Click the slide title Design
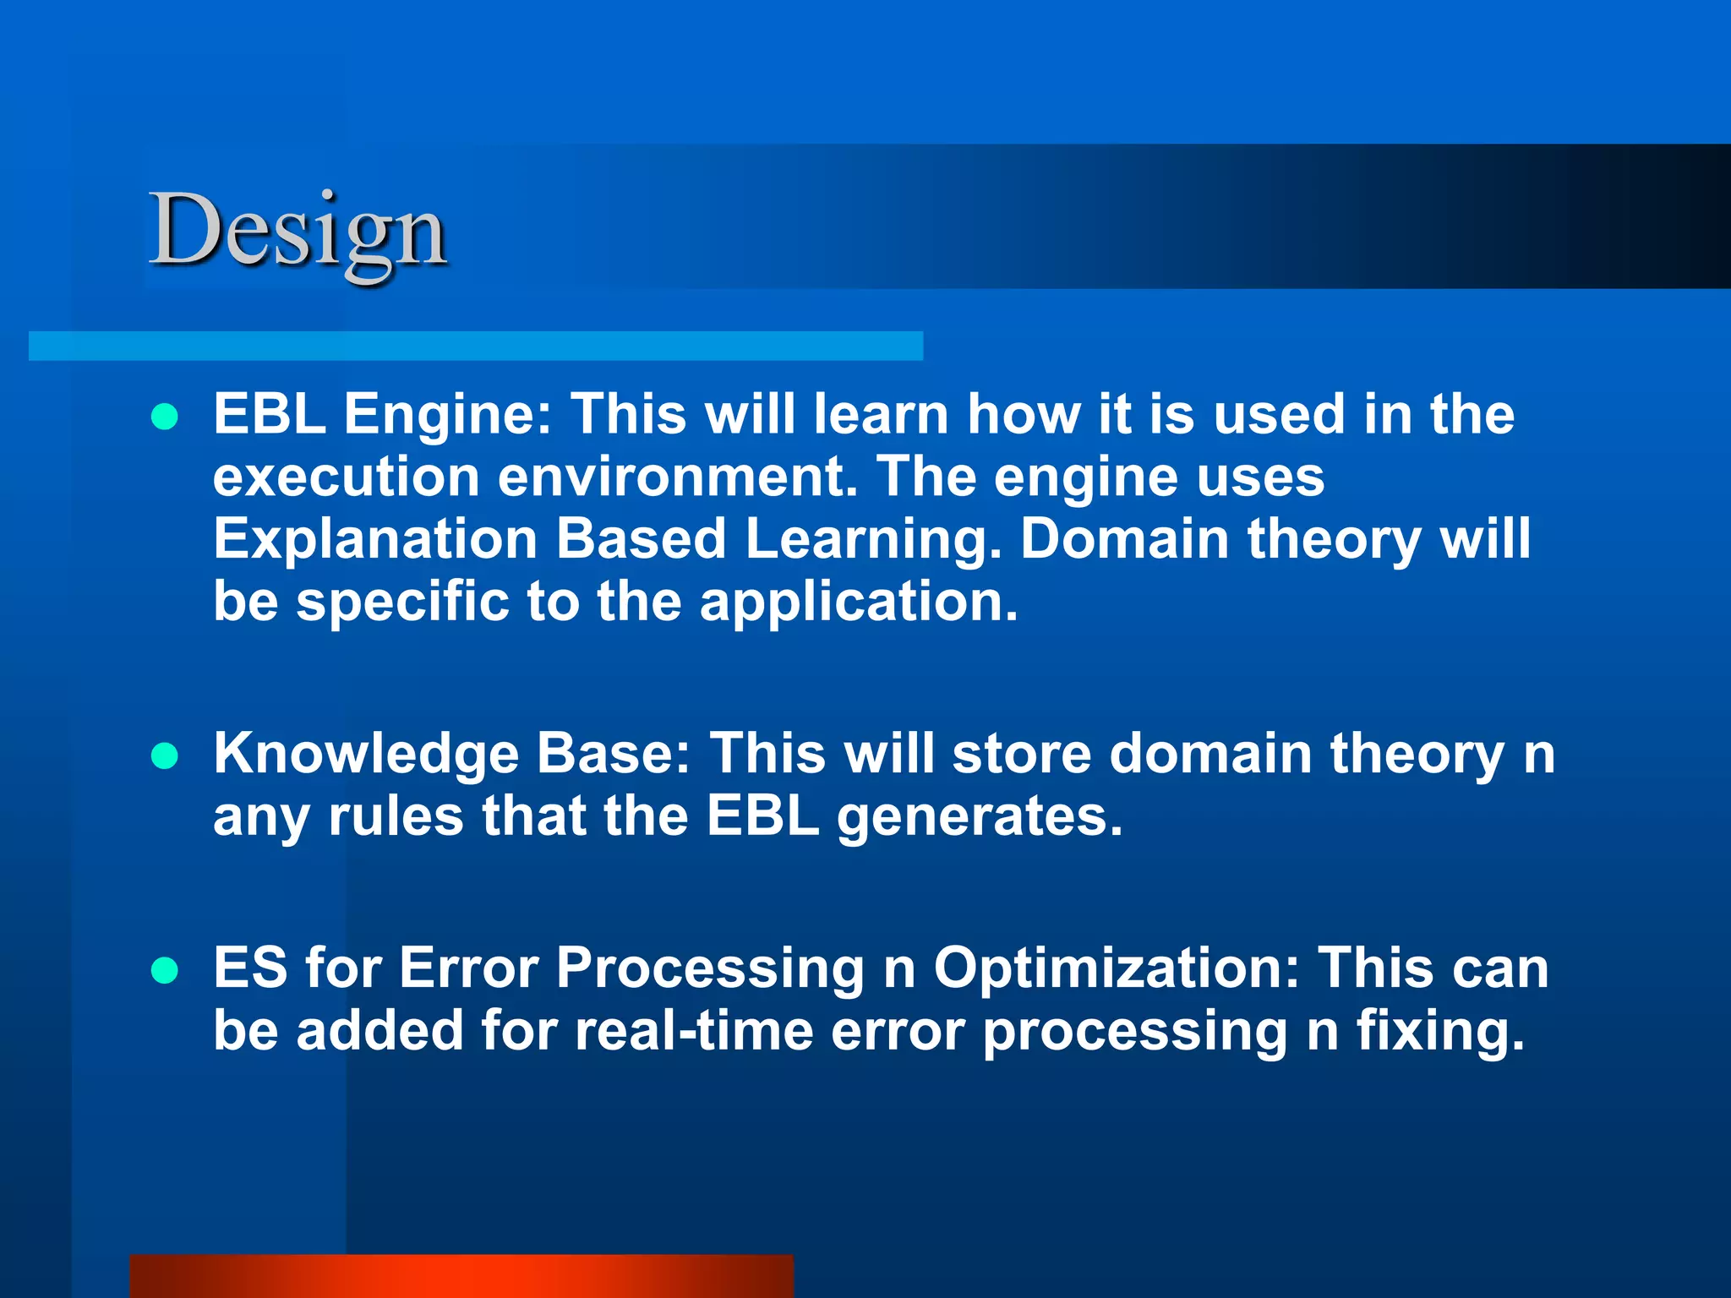click(298, 230)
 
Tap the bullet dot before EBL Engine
click(165, 417)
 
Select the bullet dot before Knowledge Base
click(165, 755)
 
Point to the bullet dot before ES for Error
click(165, 971)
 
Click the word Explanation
click(374, 539)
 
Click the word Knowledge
click(365, 755)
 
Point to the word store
click(1021, 754)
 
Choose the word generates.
click(980, 818)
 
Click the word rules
click(395, 817)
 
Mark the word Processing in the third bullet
click(709, 969)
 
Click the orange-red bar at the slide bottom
click(461, 1276)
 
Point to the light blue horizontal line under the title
click(475, 346)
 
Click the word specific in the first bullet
click(402, 603)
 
